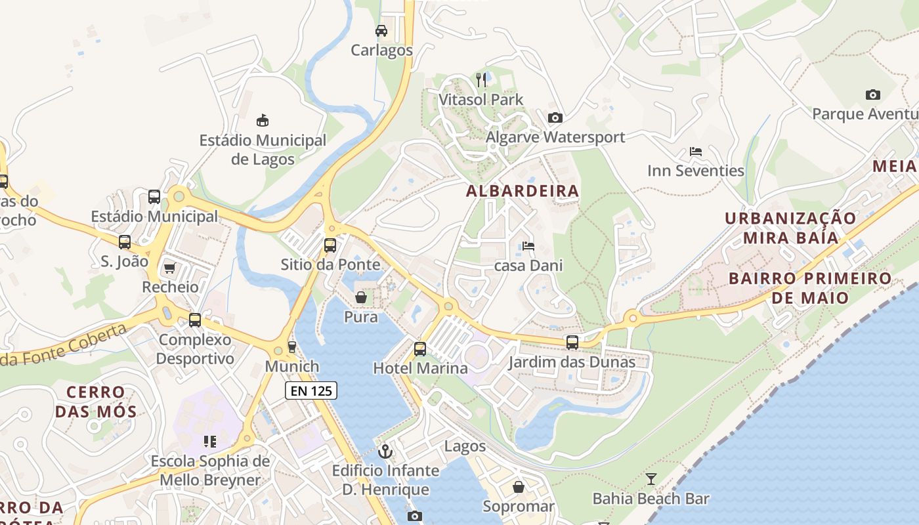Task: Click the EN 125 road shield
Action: (311, 390)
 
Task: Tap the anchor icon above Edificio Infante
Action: (385, 451)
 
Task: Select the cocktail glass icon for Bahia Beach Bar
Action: (651, 479)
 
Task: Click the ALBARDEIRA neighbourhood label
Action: (523, 191)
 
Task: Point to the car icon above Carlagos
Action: (381, 30)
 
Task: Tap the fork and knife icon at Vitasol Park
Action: (482, 80)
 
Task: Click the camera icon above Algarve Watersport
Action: (555, 117)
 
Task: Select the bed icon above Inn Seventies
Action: (696, 152)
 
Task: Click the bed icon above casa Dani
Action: (528, 246)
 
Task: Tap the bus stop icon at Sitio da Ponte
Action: (330, 245)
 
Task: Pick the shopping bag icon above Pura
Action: (361, 297)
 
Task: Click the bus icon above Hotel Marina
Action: (420, 348)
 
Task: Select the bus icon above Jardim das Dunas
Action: (572, 342)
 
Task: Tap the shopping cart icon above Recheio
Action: (170, 267)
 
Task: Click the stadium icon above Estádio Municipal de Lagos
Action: (263, 120)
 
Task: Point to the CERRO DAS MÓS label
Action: (96, 402)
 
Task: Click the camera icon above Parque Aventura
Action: (872, 94)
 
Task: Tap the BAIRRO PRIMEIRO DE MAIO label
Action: (810, 288)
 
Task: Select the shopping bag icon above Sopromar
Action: (519, 487)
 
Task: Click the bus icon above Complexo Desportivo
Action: (195, 320)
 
